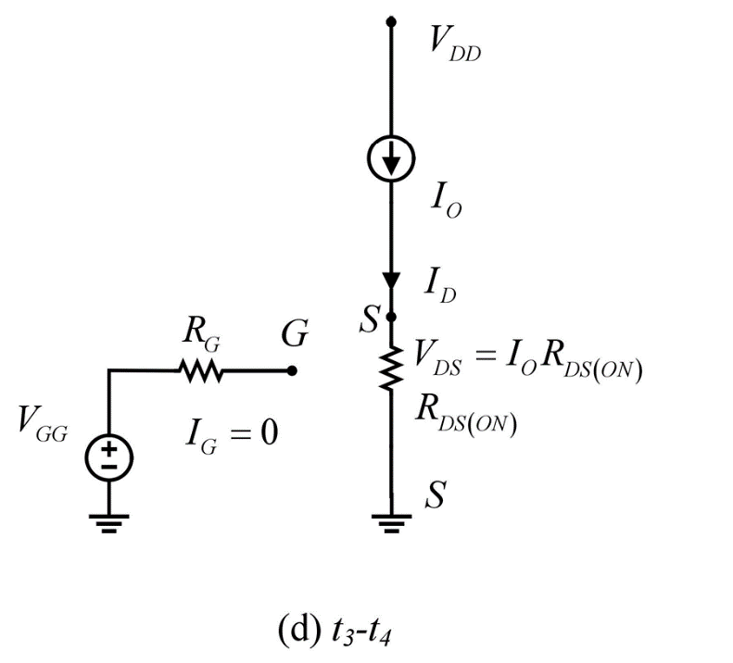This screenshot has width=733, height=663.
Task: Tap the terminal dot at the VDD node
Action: click(391, 20)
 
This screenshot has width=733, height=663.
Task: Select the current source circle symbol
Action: click(391, 161)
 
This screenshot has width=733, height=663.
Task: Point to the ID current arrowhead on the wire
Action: click(391, 279)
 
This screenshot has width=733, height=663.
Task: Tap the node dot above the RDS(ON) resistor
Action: click(391, 317)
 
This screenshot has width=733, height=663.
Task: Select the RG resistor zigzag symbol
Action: click(201, 371)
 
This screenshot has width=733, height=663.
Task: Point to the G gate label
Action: click(294, 335)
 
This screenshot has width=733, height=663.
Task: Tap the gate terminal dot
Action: click(293, 371)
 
